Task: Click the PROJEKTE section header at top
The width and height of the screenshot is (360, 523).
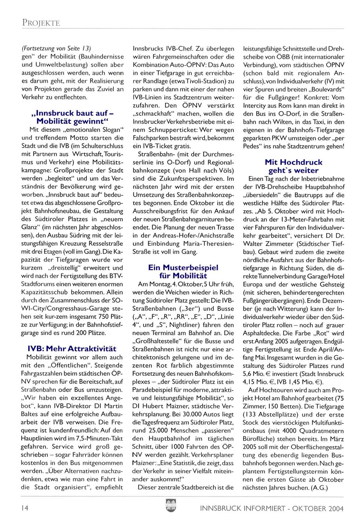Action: tap(41, 23)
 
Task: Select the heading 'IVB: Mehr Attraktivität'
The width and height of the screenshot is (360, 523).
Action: tap(72, 349)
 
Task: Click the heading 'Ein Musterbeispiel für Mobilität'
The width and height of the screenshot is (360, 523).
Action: tap(183, 271)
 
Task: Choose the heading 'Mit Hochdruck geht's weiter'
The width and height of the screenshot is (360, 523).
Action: tap(293, 166)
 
